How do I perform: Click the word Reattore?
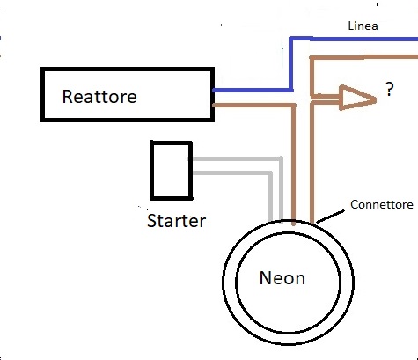pyautogui.click(x=99, y=97)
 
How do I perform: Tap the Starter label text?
pyautogui.click(x=176, y=221)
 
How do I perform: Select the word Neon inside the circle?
pyautogui.click(x=282, y=278)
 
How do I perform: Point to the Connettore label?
pyautogui.click(x=382, y=204)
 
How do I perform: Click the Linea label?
pyautogui.click(x=363, y=26)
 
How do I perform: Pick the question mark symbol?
pyautogui.click(x=389, y=89)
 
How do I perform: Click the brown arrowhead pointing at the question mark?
pyautogui.click(x=357, y=98)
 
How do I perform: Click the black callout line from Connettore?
pyautogui.click(x=331, y=217)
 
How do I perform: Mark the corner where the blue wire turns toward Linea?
pyautogui.click(x=291, y=39)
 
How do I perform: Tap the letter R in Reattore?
pyautogui.click(x=67, y=97)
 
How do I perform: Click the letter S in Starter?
pyautogui.click(x=151, y=221)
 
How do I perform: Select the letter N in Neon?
pyautogui.click(x=265, y=277)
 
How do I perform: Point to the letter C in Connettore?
pyautogui.click(x=354, y=204)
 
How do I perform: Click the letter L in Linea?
pyautogui.click(x=351, y=26)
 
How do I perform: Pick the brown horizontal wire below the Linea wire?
pyautogui.click(x=363, y=57)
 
